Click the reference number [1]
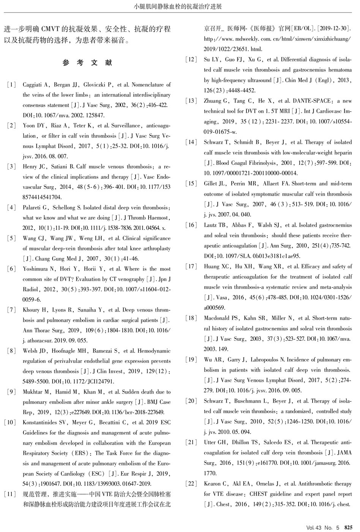coord(11,85)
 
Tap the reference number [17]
coord(191,267)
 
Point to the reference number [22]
coord(191,484)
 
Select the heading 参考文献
coord(87,63)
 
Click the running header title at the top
coord(178,6)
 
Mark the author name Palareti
coord(35,208)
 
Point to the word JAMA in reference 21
coord(344,453)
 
